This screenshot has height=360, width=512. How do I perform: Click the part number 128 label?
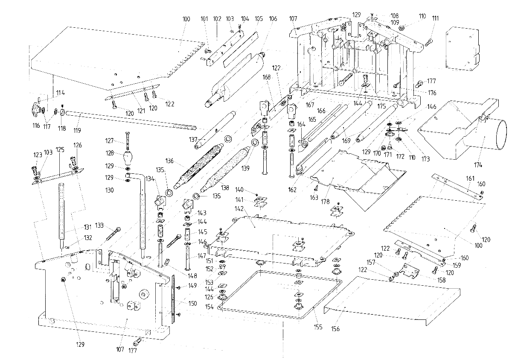(110, 153)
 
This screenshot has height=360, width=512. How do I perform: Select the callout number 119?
(77, 130)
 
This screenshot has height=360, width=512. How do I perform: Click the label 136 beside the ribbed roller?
(169, 161)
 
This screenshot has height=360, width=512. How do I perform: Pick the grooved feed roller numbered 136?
(198, 166)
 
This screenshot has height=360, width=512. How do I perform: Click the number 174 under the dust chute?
(478, 165)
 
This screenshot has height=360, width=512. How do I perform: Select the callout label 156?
(335, 329)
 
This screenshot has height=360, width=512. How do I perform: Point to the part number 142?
(239, 209)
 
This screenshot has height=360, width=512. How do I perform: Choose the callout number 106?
(273, 19)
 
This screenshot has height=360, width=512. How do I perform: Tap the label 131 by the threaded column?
(87, 227)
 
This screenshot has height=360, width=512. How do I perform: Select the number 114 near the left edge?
(60, 93)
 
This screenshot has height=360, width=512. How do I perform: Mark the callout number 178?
(325, 202)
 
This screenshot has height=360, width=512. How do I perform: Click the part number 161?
(470, 179)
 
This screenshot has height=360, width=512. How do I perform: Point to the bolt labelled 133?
(113, 234)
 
